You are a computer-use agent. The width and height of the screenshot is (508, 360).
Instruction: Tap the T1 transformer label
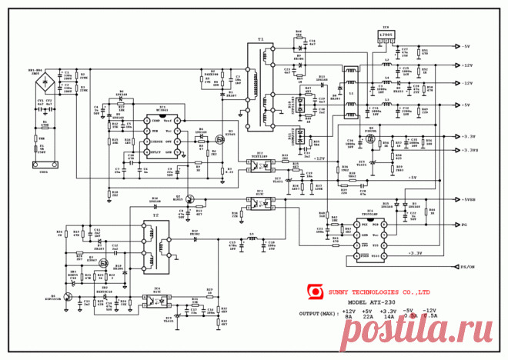pyautogui.click(x=260, y=38)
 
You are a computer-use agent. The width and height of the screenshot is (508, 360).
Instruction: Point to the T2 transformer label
pyautogui.click(x=155, y=217)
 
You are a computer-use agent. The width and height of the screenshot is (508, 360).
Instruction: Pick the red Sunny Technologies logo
pyautogui.click(x=313, y=291)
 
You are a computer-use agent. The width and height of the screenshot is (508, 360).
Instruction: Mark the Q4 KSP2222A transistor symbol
pyautogui.click(x=69, y=296)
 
